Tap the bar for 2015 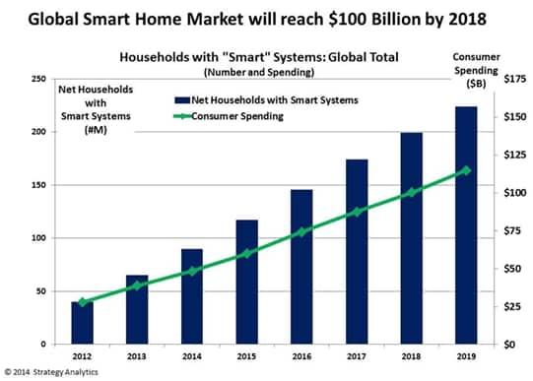tap(245, 282)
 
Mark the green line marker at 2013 tap(137, 286)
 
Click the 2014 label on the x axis tap(191, 356)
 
